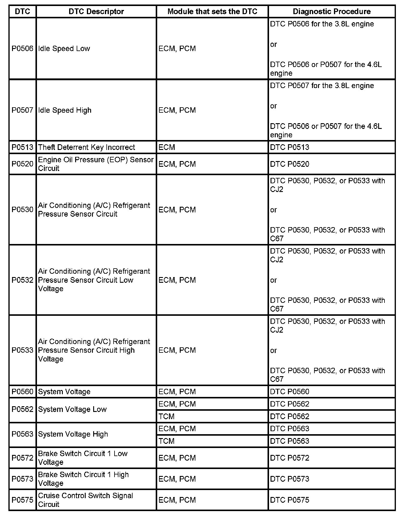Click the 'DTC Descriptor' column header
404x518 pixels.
tap(96, 11)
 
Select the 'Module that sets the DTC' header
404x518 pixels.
tap(212, 11)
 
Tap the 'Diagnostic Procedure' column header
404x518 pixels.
tap(332, 11)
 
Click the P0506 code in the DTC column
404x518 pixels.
tap(23, 49)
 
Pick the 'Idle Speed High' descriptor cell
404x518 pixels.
tap(65, 110)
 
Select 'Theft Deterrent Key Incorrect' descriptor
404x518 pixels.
tap(87, 147)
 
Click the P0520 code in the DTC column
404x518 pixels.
tap(23, 164)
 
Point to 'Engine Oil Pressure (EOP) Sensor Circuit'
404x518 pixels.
tap(96, 164)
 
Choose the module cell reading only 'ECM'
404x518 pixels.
tap(167, 147)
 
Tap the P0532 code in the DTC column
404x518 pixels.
tap(23, 280)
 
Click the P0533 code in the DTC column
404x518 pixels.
tap(23, 350)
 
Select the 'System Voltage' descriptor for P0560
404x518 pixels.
tap(64, 392)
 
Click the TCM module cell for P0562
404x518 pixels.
tap(167, 416)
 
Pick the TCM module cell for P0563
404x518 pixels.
tap(167, 441)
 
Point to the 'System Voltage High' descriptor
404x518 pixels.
tap(73, 434)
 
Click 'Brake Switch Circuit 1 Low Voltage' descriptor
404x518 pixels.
tap(83, 458)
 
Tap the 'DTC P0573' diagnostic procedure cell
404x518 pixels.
tap(289, 479)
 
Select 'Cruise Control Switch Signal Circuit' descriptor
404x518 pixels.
tap(85, 500)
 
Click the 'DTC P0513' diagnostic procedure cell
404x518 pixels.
tap(289, 147)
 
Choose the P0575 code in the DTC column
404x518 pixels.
tap(23, 500)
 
